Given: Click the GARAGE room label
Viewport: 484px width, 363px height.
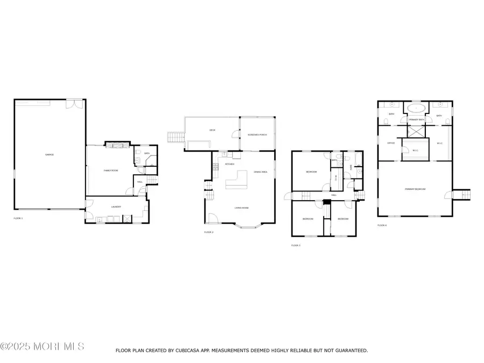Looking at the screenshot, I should pos(49,155).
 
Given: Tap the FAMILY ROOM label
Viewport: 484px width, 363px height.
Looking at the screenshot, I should pos(111,170).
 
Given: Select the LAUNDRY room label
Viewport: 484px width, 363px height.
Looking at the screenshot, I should pos(116,207).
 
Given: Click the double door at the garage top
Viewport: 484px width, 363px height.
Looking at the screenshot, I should pos(74,104).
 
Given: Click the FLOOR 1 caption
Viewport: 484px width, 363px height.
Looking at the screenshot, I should pos(18,218).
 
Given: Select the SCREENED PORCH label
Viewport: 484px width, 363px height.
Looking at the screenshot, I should pos(257,134).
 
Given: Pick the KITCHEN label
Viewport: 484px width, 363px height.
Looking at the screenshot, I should pos(229,164).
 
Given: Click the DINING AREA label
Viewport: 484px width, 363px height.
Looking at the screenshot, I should pos(261,172).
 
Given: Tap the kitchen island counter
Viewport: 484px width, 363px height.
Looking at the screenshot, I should pos(237,180).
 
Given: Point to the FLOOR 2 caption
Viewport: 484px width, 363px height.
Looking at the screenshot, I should pos(209,232).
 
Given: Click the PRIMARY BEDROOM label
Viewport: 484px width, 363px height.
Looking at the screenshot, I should pos(415,189).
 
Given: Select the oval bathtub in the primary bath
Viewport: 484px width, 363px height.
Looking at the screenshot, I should pos(416,108).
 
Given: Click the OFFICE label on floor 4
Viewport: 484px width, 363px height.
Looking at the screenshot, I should pos(391,143).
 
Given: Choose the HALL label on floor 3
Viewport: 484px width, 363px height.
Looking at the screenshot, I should pos(333,195).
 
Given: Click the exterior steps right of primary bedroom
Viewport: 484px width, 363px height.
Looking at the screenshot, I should pos(462,195).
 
